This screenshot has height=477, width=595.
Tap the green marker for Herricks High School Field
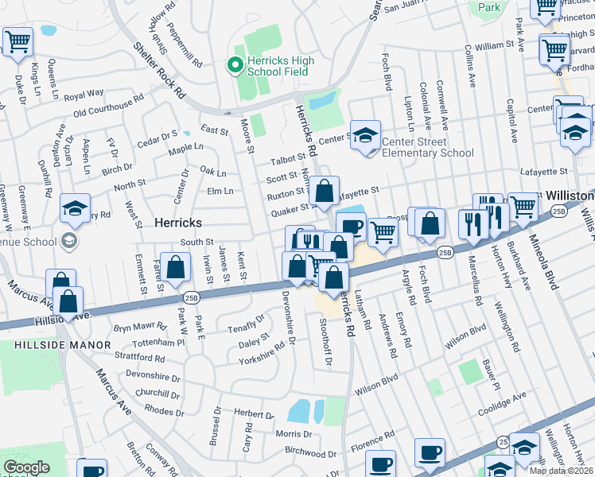[235, 65]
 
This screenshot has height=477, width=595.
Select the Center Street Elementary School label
[427, 148]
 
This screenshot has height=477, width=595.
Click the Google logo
[26, 467]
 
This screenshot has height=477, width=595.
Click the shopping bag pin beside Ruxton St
[325, 191]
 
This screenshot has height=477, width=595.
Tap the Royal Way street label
[84, 95]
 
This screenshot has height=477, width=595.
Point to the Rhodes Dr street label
[165, 412]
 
